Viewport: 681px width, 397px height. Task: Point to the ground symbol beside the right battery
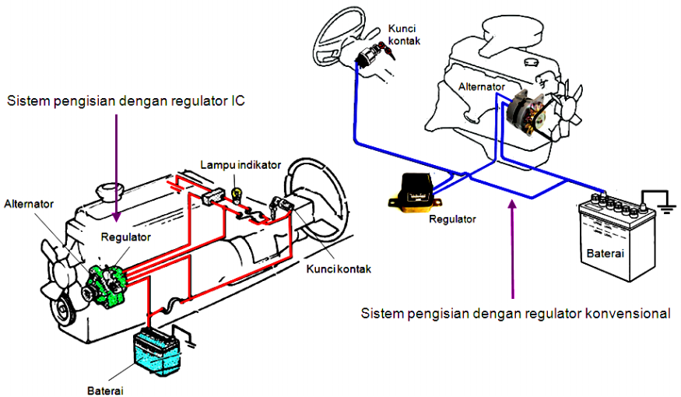[665, 204]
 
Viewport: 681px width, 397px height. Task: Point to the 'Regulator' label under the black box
[451, 219]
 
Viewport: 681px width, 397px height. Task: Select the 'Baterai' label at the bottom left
[105, 389]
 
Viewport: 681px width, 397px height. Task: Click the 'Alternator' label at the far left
[29, 204]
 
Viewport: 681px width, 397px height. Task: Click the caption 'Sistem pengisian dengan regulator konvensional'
[515, 314]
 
